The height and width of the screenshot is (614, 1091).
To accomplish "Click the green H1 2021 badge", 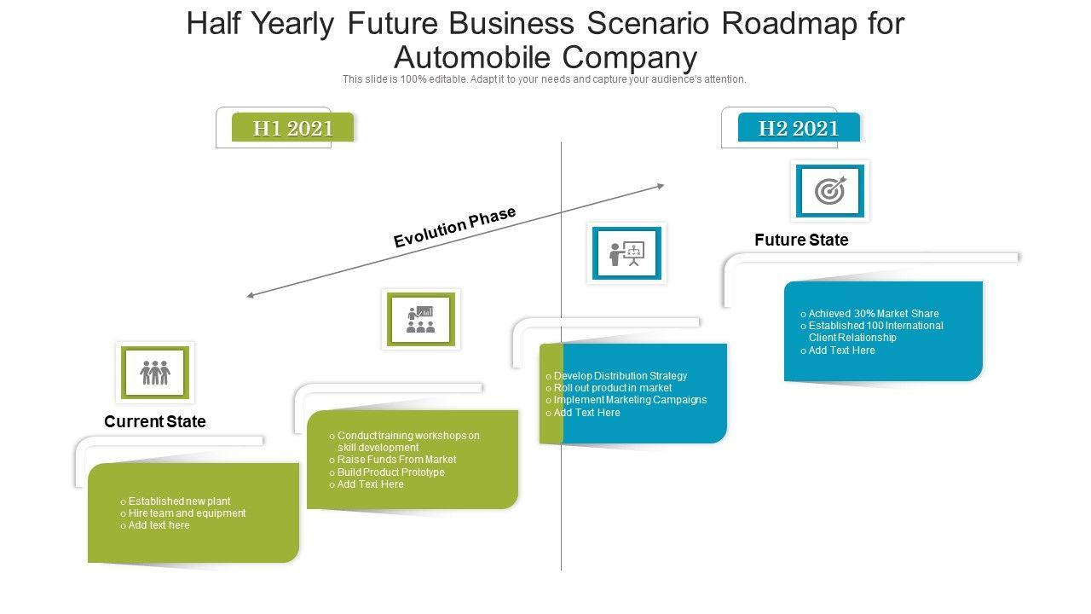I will pyautogui.click(x=292, y=128).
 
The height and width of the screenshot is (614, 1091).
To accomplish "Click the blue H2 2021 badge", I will pyautogui.click(x=799, y=128).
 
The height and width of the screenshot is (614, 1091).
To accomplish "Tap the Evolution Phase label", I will pyautogui.click(x=455, y=227).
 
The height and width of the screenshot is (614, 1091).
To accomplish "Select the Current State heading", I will pyautogui.click(x=155, y=421).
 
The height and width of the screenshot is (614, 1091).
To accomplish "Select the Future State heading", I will pyautogui.click(x=801, y=240).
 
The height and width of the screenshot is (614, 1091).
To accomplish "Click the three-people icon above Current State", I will pyautogui.click(x=155, y=373).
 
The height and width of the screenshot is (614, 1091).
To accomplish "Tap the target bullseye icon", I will pyautogui.click(x=830, y=191).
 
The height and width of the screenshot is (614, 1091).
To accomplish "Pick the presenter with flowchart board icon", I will pyautogui.click(x=626, y=252).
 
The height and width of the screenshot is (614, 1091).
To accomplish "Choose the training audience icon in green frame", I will pyautogui.click(x=421, y=319).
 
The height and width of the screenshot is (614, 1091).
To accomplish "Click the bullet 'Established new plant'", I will pyautogui.click(x=179, y=501).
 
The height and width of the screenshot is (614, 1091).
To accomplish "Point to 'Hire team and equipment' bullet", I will pyautogui.click(x=187, y=513).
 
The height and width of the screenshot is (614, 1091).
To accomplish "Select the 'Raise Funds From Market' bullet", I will pyautogui.click(x=396, y=460).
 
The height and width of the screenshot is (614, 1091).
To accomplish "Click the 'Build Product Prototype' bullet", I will pyautogui.click(x=390, y=472).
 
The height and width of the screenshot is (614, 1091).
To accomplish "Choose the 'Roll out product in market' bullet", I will pyautogui.click(x=612, y=388).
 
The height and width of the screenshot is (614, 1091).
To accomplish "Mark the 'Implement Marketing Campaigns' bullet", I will pyautogui.click(x=630, y=400).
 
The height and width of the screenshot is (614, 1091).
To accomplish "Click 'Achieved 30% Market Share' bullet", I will pyautogui.click(x=873, y=314).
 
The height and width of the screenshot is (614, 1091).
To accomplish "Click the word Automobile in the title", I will pyautogui.click(x=471, y=57).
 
